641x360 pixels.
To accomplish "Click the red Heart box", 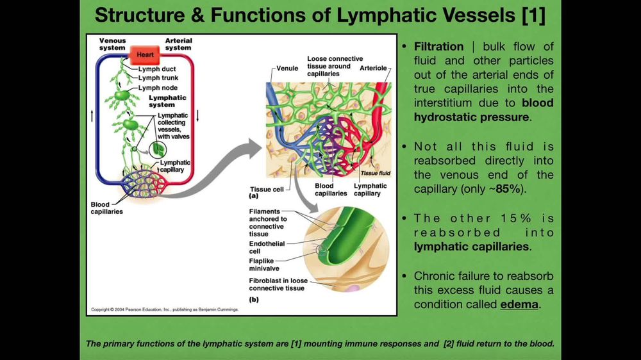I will [x=145, y=54].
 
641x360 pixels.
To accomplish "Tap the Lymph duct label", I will [x=157, y=69].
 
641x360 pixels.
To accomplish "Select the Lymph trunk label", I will [x=158, y=78].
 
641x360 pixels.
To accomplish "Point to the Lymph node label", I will [x=158, y=88].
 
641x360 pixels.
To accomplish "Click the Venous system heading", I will [x=112, y=44].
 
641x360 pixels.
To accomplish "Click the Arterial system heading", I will [x=178, y=44].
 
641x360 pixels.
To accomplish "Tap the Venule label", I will [x=287, y=67].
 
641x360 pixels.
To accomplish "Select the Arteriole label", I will [x=373, y=67].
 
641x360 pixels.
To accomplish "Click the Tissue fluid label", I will [x=375, y=173].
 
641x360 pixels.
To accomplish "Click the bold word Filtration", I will [x=438, y=47].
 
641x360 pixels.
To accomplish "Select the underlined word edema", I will [x=519, y=304].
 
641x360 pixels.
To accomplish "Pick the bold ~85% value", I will [x=506, y=189].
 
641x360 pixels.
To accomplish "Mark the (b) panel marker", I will [x=254, y=299].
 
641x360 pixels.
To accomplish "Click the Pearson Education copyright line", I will [x=165, y=309].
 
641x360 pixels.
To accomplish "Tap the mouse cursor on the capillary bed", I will [x=322, y=155].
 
